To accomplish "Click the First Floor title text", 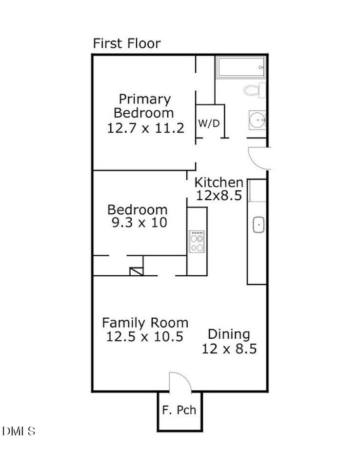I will click(126, 43).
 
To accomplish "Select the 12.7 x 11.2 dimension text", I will click(145, 128).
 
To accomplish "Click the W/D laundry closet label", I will click(209, 123).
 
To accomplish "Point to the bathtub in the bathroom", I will click(241, 66).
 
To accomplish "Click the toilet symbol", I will click(255, 90).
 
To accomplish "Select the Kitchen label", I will click(219, 183).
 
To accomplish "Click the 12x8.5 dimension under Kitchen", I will click(219, 195).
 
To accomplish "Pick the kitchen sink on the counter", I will click(258, 225).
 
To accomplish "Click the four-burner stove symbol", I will click(197, 241).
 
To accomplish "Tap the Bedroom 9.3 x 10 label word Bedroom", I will click(137, 210).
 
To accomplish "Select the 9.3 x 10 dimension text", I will click(139, 223).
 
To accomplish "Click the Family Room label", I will click(145, 323).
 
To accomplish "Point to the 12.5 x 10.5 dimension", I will click(144, 336).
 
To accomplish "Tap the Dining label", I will click(229, 335).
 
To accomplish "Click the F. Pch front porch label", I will click(179, 410).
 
